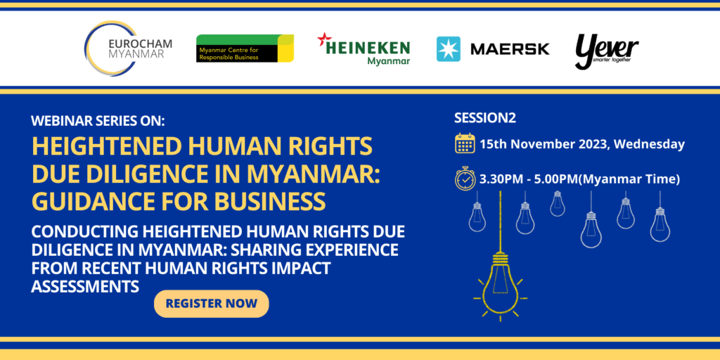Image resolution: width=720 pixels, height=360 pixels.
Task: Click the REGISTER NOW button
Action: tap(211, 304)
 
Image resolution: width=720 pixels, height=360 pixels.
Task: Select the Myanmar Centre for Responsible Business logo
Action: tap(245, 49)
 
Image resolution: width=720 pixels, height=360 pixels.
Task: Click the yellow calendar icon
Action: tap(465, 143)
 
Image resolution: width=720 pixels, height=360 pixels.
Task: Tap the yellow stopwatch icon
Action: tap(465, 179)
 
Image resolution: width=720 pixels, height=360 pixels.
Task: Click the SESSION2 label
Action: tap(485, 117)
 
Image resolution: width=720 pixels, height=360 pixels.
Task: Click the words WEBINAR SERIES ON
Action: tap(98, 120)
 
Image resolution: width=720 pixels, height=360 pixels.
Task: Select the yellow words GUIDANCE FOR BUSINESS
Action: tap(179, 200)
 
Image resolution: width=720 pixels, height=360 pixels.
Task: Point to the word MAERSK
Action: tap(510, 49)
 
